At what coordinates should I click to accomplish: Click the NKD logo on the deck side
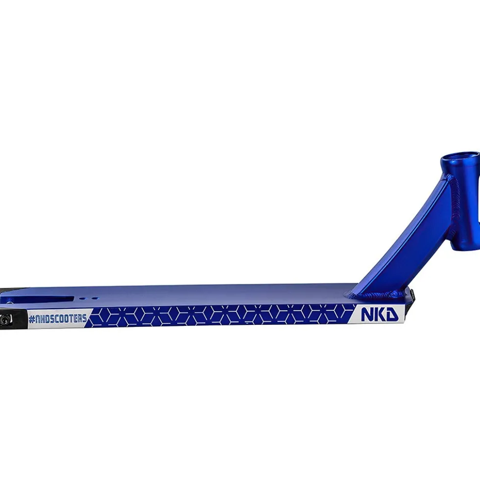[380, 315]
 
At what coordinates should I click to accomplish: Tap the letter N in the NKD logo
[367, 315]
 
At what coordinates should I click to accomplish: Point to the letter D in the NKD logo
[392, 315]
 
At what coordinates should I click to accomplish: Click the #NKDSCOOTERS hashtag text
[58, 319]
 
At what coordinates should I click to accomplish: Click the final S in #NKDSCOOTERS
[84, 318]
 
